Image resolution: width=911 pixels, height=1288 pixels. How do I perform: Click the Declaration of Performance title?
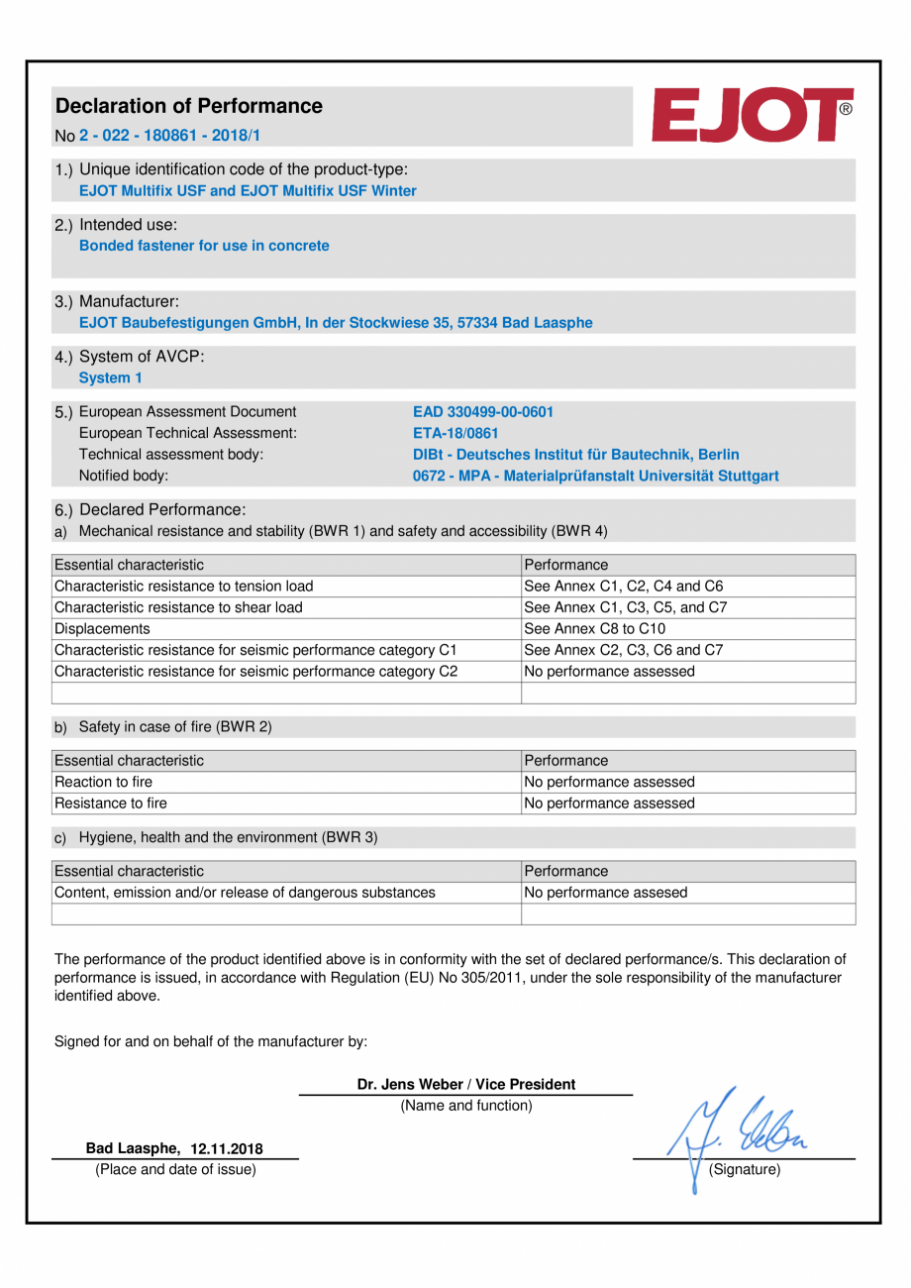click(x=189, y=106)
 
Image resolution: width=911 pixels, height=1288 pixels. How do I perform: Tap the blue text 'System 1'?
click(x=110, y=377)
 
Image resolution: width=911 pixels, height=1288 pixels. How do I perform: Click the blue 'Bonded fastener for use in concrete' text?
click(x=204, y=246)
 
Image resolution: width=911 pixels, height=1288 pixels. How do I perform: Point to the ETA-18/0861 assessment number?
click(x=455, y=433)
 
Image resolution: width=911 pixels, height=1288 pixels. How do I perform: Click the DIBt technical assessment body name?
click(x=575, y=455)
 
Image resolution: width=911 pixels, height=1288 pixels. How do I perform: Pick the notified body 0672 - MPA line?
click(x=594, y=477)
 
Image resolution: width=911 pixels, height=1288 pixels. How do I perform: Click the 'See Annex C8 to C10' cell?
click(x=594, y=628)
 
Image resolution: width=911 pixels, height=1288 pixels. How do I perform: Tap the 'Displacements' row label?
click(x=103, y=628)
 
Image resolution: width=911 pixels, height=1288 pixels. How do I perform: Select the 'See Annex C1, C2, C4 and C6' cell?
click(x=623, y=586)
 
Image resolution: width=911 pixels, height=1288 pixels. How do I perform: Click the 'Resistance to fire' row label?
click(x=111, y=804)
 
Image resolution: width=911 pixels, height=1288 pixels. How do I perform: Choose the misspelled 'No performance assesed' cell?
click(x=605, y=893)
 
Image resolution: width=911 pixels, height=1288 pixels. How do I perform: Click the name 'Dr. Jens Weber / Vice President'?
click(x=465, y=1084)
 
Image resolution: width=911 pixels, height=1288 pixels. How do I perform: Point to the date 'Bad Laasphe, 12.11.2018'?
click(x=173, y=1148)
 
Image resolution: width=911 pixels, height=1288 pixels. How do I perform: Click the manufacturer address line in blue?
click(x=336, y=322)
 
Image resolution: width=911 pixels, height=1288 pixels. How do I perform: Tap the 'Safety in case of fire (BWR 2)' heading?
click(x=174, y=727)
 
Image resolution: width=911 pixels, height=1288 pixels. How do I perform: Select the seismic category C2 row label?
click(x=255, y=672)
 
